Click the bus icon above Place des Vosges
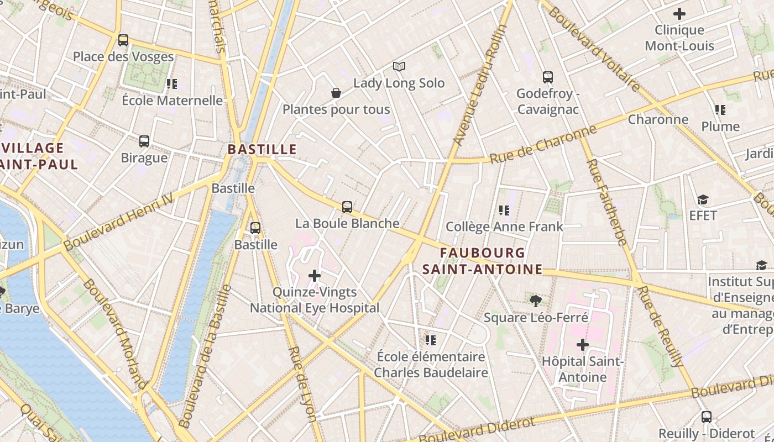[x=123, y=40]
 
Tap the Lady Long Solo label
[x=399, y=83]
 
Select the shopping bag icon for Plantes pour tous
[x=336, y=93]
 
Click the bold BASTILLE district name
[x=262, y=149]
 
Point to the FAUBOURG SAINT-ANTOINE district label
[x=482, y=261]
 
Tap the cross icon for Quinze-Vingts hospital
[x=315, y=276]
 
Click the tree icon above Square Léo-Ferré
[x=535, y=301]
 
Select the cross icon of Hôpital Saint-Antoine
[x=582, y=345]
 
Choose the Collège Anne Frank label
[x=504, y=227]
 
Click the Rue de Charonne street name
[x=543, y=144]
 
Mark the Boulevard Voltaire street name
[x=594, y=46]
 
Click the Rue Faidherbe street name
[x=606, y=202]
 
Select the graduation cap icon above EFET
[x=703, y=199]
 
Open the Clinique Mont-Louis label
[x=679, y=38]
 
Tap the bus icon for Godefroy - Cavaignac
[x=547, y=77]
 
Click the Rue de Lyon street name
[x=301, y=384]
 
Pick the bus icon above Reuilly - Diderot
[x=706, y=417]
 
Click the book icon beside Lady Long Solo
[x=399, y=67]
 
